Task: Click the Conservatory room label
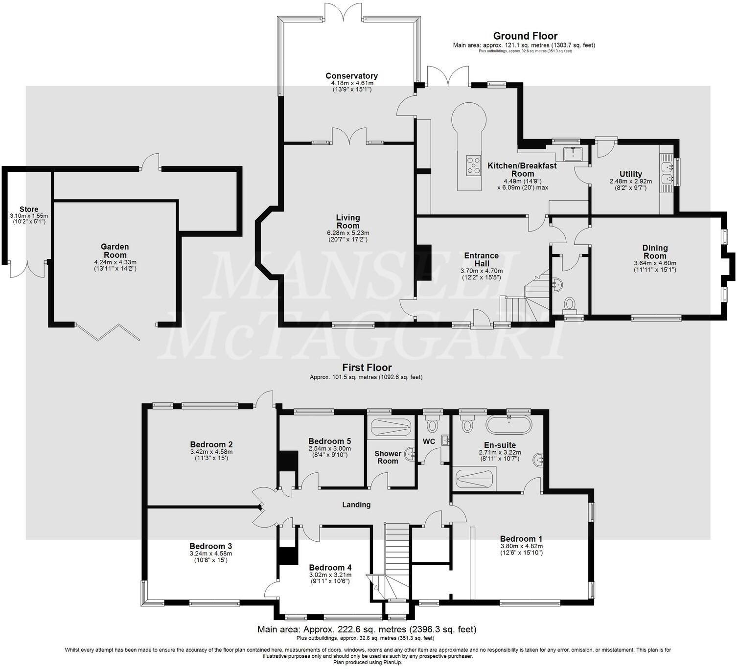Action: click(x=351, y=76)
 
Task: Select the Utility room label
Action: click(x=630, y=174)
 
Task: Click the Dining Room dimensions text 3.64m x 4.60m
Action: click(x=655, y=263)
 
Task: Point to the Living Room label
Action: click(x=348, y=221)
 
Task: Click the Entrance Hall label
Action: click(x=481, y=259)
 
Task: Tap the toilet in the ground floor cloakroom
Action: click(x=570, y=305)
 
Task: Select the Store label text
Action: click(x=29, y=209)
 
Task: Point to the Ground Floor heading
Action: click(x=525, y=36)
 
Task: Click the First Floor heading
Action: click(x=367, y=368)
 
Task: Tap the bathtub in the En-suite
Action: click(x=508, y=424)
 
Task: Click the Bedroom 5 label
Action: click(x=329, y=441)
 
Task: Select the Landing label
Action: click(x=356, y=505)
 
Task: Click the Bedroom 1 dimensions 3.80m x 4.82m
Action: click(x=521, y=546)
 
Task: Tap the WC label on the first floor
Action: click(x=429, y=441)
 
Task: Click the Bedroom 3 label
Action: click(x=210, y=546)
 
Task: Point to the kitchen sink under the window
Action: click(x=572, y=154)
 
